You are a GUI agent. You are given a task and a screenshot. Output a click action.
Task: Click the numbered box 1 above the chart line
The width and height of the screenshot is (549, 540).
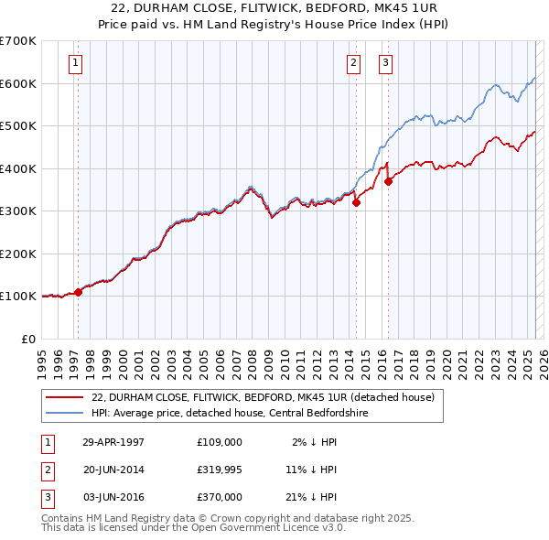(x=74, y=63)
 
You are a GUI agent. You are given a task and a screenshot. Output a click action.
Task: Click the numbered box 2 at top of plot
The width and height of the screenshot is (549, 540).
(x=353, y=63)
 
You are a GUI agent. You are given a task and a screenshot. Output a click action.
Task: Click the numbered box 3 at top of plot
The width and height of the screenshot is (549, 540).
(x=385, y=63)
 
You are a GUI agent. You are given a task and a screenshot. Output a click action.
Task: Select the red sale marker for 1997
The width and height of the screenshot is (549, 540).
(x=79, y=292)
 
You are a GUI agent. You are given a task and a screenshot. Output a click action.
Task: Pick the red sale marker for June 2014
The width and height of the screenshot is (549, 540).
(x=357, y=203)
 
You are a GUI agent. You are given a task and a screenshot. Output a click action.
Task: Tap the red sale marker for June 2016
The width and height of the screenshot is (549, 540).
(x=388, y=181)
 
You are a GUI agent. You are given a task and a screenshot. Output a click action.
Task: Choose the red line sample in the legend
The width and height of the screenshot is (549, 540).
(x=64, y=398)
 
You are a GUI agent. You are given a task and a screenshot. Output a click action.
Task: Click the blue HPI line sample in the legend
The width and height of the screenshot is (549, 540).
(x=64, y=412)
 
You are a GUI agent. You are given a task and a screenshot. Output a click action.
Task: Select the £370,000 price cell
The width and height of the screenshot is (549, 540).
(x=220, y=497)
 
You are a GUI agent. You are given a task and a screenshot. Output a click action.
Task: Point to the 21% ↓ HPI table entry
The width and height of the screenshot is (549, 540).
(x=312, y=497)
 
